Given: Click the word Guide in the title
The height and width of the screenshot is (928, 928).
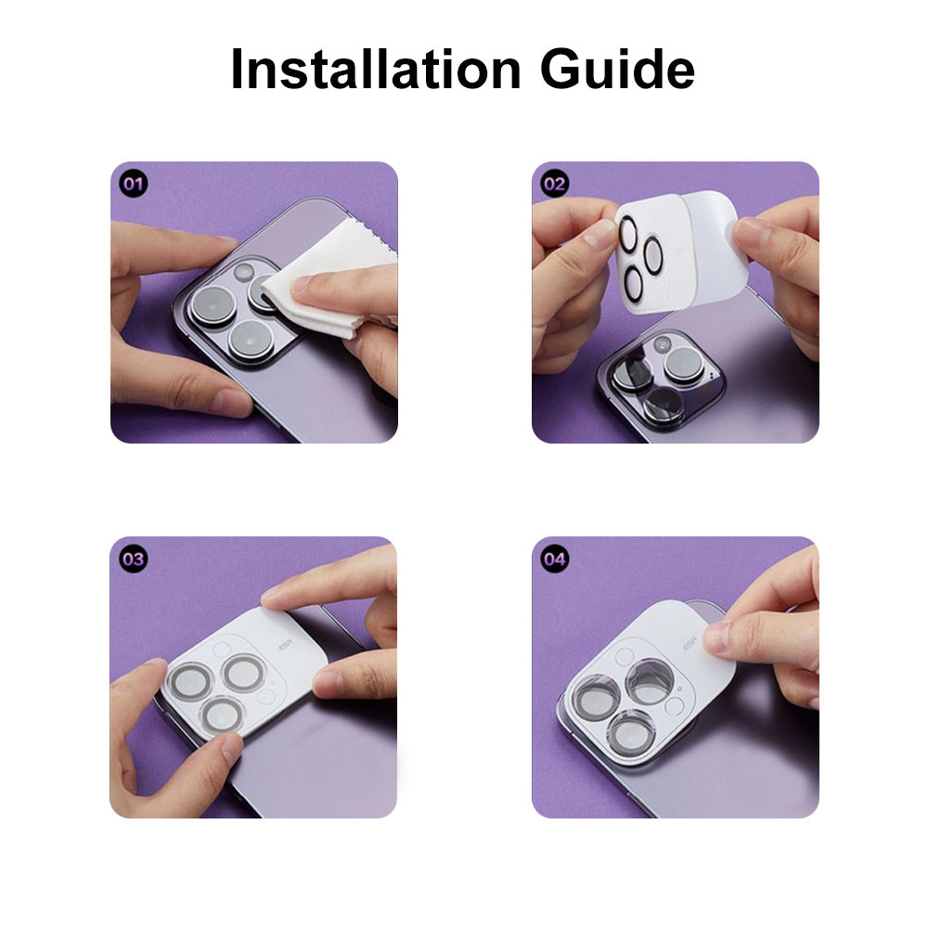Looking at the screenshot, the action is click(617, 69).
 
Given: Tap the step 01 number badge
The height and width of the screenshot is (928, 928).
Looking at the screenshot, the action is click(133, 184).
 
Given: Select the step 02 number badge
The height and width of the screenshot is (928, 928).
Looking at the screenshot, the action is click(555, 184).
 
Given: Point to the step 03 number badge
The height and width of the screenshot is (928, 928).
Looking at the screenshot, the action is click(133, 559).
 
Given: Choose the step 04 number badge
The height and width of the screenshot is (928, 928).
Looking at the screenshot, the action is click(555, 559).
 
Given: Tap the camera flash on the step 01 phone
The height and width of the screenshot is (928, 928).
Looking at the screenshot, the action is click(243, 272).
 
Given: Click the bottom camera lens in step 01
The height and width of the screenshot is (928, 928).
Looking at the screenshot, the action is click(251, 342).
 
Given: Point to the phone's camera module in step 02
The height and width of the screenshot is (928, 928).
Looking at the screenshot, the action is click(661, 379).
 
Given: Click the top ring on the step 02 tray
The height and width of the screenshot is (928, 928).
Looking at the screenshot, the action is click(628, 233).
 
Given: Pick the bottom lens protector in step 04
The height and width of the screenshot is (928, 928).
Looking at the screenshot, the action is click(632, 734).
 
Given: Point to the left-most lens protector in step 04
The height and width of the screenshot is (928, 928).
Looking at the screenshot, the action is click(597, 699).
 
